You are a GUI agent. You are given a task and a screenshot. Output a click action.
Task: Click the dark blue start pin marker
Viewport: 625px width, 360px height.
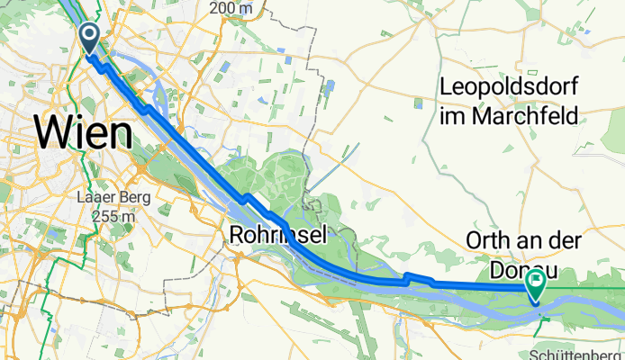[x=91, y=37]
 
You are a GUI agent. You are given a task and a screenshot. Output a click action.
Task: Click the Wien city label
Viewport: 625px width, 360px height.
[x=83, y=132]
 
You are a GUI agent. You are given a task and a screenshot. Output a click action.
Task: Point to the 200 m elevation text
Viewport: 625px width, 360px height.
[x=227, y=8]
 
